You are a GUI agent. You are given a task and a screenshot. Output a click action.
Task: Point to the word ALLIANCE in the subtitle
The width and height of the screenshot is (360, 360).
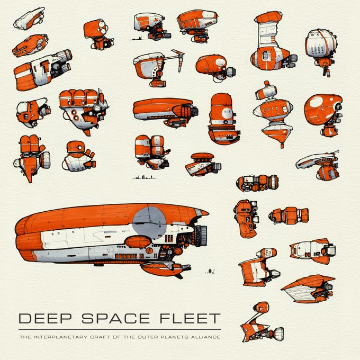[203, 336]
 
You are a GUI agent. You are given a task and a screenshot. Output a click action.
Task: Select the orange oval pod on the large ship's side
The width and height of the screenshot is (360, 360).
[138, 242]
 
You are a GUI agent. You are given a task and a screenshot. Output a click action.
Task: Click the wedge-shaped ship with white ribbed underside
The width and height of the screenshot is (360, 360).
[309, 287]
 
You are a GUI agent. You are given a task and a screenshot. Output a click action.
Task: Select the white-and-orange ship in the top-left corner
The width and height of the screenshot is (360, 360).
[29, 19]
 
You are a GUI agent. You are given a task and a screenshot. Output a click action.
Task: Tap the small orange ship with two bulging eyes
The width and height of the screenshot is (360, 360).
[99, 33]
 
